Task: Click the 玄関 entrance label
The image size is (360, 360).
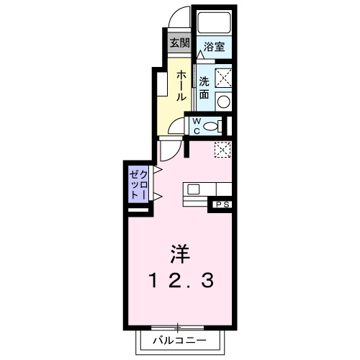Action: click(x=179, y=42)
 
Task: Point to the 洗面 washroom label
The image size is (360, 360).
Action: click(x=204, y=86)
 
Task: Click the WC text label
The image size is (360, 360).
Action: click(x=195, y=126)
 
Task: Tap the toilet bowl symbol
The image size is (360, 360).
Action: click(x=211, y=126)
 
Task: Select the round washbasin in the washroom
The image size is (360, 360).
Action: click(x=223, y=101)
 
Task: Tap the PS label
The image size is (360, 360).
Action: click(x=222, y=205)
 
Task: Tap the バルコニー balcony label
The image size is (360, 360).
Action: click(x=179, y=341)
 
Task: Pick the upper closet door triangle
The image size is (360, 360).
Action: click(x=156, y=171)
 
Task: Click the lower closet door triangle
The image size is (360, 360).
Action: click(x=156, y=196)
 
